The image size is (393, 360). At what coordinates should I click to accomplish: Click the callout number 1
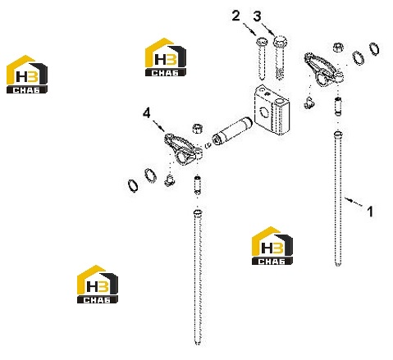(370, 212)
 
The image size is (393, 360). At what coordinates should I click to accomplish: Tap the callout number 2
(235, 16)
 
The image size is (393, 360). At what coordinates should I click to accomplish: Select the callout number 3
(257, 16)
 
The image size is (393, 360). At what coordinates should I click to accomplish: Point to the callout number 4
(147, 113)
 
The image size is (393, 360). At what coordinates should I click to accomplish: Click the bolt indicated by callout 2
(262, 58)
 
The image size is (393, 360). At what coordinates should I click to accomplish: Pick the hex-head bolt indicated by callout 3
(280, 57)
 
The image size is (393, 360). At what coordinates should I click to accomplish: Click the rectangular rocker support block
(272, 110)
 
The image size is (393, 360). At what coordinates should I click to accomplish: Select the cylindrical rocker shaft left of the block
(232, 131)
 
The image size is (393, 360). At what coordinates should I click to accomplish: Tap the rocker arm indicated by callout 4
(183, 149)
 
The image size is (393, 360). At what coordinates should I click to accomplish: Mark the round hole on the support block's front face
(264, 112)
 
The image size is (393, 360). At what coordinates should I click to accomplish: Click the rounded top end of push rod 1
(338, 134)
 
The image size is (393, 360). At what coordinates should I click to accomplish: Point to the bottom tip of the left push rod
(198, 342)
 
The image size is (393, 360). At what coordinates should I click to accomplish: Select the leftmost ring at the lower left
(133, 186)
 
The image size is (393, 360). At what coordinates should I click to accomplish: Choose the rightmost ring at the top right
(374, 49)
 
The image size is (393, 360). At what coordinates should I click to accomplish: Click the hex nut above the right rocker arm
(338, 48)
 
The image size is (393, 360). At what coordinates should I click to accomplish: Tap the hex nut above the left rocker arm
(198, 129)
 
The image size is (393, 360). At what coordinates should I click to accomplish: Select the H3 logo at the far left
(27, 75)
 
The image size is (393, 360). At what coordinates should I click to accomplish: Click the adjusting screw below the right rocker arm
(338, 106)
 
